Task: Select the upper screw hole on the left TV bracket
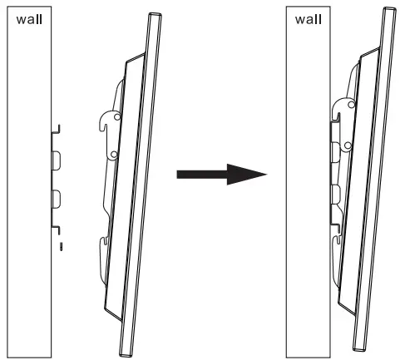[116, 118]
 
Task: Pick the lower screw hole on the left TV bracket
[111, 155]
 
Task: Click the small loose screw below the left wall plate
[61, 246]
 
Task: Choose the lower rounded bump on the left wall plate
[57, 199]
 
